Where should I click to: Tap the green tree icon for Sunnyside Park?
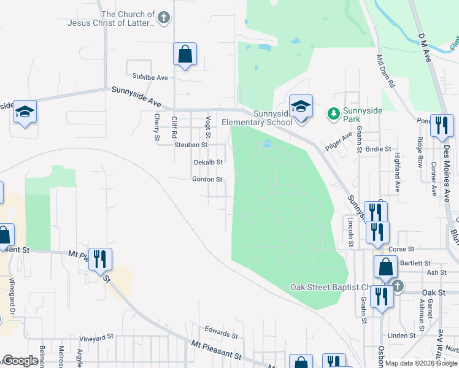pos(333,113)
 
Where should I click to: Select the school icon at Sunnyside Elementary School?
pos(301,106)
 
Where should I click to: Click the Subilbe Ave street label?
pos(150,78)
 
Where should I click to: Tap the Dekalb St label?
pos(207,162)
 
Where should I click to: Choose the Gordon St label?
pos(207,179)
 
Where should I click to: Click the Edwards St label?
pos(221,334)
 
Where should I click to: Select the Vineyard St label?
pos(97,337)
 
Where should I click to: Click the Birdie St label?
pos(379,149)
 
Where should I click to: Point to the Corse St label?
pos(402,250)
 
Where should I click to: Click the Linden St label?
pos(402,335)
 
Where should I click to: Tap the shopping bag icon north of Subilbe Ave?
pos(185,54)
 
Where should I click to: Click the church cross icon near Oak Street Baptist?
pos(398,286)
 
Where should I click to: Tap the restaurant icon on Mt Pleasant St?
pos(99,259)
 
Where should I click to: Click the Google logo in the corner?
pos(20,361)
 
